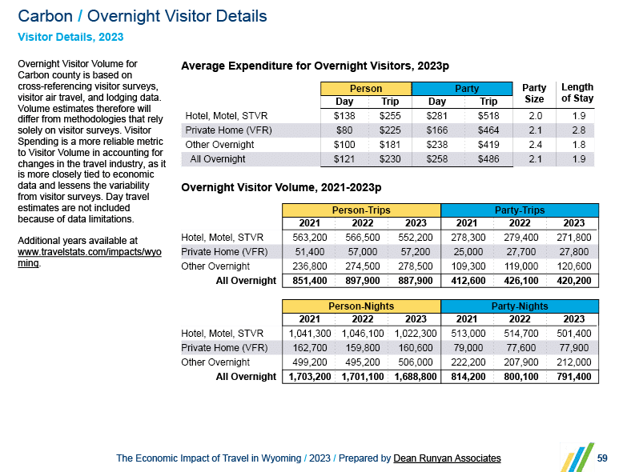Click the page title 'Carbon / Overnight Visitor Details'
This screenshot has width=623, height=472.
tap(143, 16)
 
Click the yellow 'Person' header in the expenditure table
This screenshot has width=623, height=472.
tap(366, 89)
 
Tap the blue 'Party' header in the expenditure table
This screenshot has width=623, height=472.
tap(466, 89)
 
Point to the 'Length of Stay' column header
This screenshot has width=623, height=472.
tap(577, 93)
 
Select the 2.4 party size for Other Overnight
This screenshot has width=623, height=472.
tap(534, 145)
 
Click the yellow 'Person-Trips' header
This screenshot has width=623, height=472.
tap(361, 210)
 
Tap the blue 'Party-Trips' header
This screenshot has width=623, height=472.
tap(520, 210)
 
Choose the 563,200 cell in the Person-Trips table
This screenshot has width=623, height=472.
tap(308, 238)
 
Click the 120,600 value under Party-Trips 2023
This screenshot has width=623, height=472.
tap(573, 266)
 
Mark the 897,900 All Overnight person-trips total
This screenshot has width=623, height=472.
tap(361, 281)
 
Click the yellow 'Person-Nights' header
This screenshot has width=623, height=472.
tap(361, 306)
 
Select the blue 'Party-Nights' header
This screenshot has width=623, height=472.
tap(520, 306)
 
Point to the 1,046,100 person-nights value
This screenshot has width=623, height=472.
tap(361, 334)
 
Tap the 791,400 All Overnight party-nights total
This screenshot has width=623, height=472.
tap(573, 377)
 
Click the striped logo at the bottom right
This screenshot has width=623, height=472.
tap(577, 456)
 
